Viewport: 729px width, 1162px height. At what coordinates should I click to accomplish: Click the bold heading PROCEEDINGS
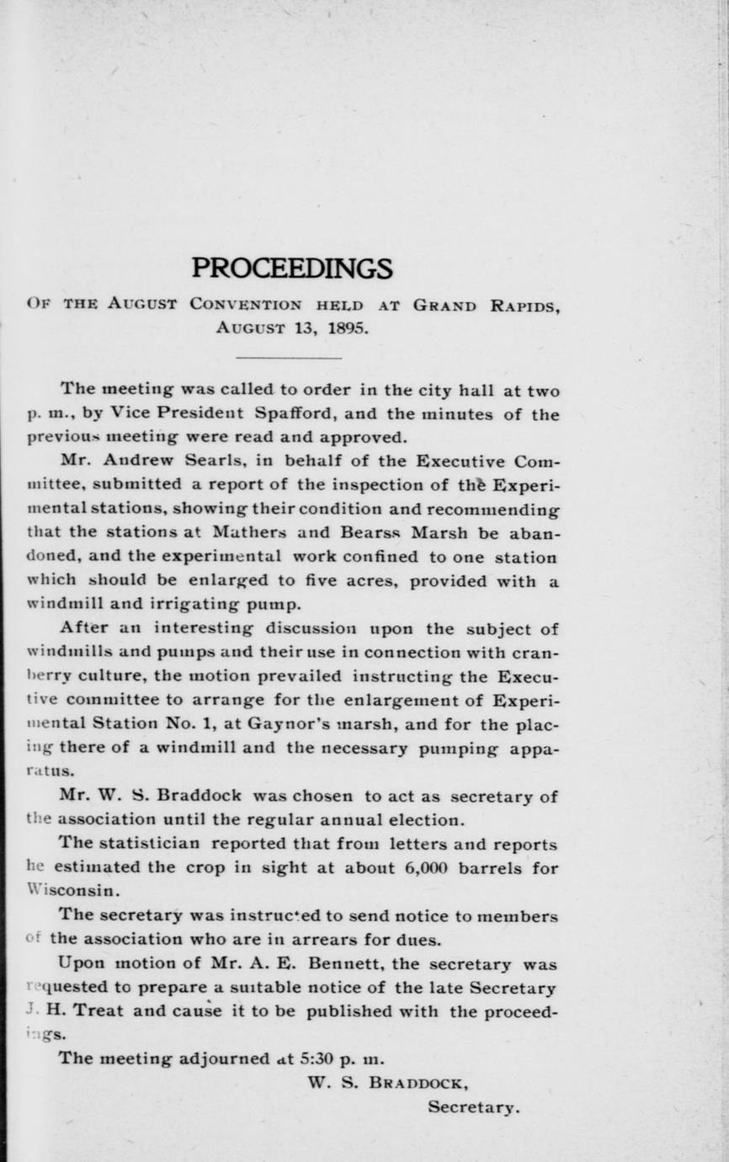click(291, 268)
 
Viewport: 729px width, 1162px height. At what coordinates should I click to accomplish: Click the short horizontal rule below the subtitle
click(289, 359)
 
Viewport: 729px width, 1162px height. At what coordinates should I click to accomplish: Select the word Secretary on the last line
click(474, 1107)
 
